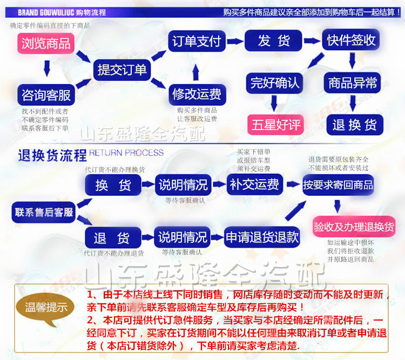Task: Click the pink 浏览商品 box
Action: [x=46, y=43]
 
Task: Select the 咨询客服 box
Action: [x=46, y=96]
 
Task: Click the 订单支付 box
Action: [x=197, y=41]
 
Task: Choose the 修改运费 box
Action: [x=197, y=94]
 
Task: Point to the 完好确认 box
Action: [x=275, y=83]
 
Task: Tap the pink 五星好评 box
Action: [x=275, y=125]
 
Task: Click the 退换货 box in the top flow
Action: [x=354, y=125]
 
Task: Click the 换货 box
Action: [x=113, y=185]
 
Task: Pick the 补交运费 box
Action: [x=254, y=185]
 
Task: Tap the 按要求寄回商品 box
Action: [x=338, y=185]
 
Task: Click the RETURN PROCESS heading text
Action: [x=126, y=153]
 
